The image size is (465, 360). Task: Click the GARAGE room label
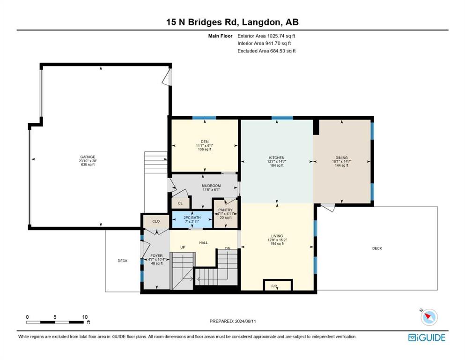coord(88,157)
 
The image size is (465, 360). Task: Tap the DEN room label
coord(205,142)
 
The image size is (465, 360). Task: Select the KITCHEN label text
coord(277,158)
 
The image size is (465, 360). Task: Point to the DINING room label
coord(342,158)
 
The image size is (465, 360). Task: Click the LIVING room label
coord(277,236)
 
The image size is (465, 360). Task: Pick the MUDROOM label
coord(212,186)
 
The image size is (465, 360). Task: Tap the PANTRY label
coord(225,210)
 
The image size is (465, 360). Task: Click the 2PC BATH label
coord(192,217)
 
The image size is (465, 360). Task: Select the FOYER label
coord(156,256)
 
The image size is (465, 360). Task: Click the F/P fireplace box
coord(278,285)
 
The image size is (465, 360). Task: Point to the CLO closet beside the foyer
coord(156,221)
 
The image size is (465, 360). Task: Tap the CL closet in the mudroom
coord(180,203)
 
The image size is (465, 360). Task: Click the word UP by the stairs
coord(183,247)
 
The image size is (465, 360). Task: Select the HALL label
coord(203,243)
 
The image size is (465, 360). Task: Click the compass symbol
coord(429,317)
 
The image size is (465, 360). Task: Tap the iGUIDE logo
coord(427,338)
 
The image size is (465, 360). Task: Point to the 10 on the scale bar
coord(85,317)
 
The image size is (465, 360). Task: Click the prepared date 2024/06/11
coord(245,321)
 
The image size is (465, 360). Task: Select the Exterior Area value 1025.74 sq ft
coord(281,36)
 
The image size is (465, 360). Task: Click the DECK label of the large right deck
coord(377,248)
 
